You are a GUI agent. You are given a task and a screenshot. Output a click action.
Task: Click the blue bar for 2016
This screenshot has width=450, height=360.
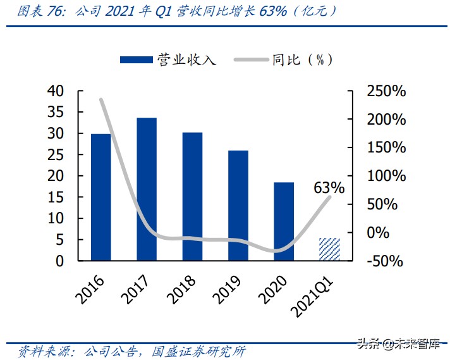[101, 197]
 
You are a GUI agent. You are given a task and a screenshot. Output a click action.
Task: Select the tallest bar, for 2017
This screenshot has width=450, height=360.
[147, 189]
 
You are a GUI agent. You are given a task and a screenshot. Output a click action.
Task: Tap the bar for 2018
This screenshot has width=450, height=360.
[192, 196]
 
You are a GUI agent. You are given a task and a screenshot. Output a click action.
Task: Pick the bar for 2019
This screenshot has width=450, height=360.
[238, 205]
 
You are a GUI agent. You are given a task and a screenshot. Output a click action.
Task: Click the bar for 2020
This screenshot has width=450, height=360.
[284, 221]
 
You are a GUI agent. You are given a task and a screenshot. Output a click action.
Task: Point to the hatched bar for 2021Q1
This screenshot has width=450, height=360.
[329, 249]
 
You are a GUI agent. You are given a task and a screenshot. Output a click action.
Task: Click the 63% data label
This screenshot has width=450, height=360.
[329, 188]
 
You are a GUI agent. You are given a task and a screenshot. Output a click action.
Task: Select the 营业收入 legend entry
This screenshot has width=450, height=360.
[168, 59]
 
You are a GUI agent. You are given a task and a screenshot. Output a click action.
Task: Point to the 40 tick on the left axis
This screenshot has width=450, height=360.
[56, 91]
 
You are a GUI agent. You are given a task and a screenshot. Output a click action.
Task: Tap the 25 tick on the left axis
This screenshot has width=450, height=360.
[56, 155]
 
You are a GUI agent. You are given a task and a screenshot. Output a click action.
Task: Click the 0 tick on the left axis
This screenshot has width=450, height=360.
[60, 261]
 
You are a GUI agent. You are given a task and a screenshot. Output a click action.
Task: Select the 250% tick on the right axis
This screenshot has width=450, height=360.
[386, 91]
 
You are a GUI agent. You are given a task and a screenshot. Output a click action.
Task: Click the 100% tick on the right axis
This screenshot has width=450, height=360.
[386, 176]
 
